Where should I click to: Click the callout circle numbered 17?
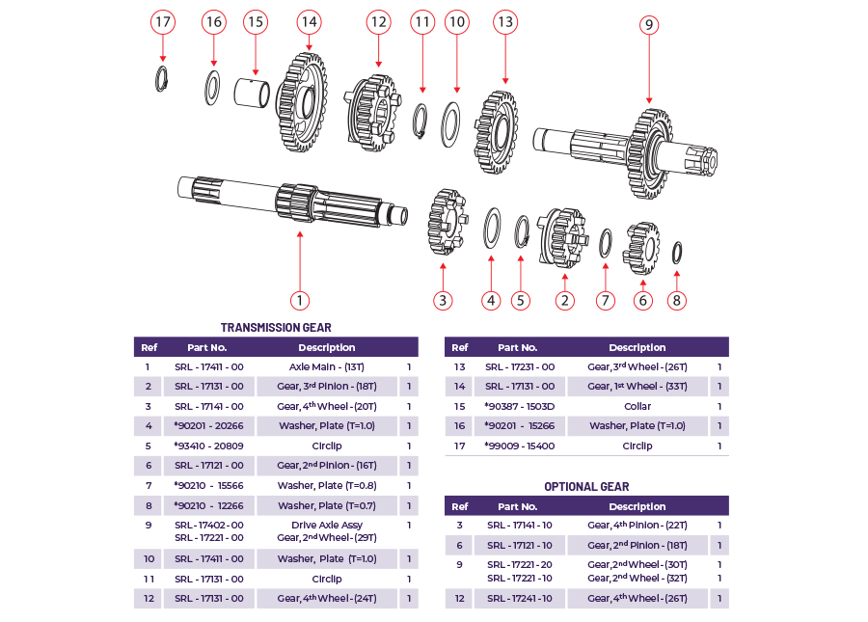point(162,22)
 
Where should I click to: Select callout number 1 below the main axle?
point(300,300)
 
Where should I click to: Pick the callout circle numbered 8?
point(677,300)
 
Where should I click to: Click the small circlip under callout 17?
point(163,79)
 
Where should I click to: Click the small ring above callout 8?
point(677,252)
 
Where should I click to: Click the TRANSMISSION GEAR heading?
point(276,328)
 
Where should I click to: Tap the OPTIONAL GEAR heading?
point(586,487)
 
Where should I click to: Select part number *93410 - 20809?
point(208,446)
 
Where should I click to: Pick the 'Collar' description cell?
point(637,407)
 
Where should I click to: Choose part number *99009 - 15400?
point(520,446)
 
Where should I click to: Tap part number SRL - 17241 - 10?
point(520,599)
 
